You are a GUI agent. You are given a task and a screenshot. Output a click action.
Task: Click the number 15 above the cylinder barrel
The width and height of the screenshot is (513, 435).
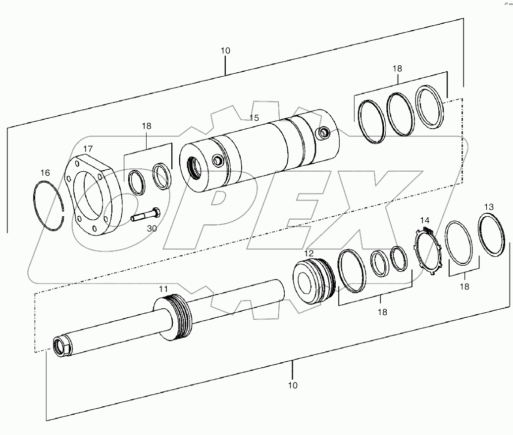tap(254, 118)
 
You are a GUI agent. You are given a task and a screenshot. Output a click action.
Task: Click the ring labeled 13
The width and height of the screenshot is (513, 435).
tap(491, 235)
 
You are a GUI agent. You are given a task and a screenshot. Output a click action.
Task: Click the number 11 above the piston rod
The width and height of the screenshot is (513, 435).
tap(163, 289)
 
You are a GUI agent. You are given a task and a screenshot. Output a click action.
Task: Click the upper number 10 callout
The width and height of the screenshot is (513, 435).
tap(225, 50)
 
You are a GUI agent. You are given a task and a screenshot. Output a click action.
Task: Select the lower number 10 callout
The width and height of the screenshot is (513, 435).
tap(293, 385)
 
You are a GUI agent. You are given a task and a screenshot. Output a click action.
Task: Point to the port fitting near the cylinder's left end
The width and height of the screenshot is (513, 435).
tap(216, 160)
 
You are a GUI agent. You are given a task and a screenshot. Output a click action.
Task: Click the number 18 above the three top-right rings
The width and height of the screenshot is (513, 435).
tap(398, 68)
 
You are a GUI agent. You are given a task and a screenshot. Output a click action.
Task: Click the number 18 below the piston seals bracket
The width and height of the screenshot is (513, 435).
tap(382, 312)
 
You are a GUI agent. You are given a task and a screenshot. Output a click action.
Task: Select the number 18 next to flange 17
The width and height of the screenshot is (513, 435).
tap(147, 126)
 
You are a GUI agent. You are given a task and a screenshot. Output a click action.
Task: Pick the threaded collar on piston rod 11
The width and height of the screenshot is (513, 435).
tap(177, 317)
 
